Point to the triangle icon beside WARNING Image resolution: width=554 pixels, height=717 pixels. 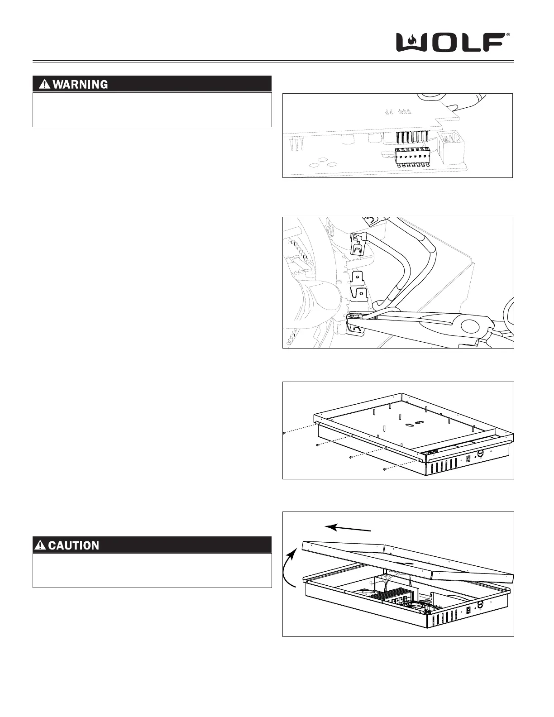click(x=45, y=84)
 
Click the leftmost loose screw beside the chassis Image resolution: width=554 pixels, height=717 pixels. click(x=283, y=433)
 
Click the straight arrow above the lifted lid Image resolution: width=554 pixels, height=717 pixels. click(x=349, y=528)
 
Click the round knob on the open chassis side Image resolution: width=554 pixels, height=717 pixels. click(x=481, y=604)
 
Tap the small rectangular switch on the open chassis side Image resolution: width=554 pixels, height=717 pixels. click(x=468, y=610)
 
